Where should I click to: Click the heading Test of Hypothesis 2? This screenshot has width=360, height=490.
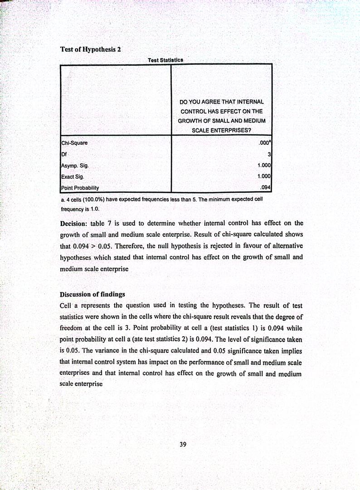pyautogui.click(x=90, y=49)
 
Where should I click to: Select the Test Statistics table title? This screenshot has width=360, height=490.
pyautogui.click(x=165, y=60)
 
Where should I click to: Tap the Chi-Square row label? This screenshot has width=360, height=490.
pyautogui.click(x=74, y=143)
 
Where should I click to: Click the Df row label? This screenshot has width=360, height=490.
pyautogui.click(x=64, y=154)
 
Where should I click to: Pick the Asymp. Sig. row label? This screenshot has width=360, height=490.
pyautogui.click(x=75, y=166)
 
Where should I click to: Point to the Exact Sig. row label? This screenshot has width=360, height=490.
pyautogui.click(x=72, y=177)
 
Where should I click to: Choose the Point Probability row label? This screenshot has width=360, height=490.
pyautogui.click(x=80, y=188)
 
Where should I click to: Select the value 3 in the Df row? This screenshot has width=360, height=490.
pyautogui.click(x=269, y=155)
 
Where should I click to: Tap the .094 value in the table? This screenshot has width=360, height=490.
pyautogui.click(x=265, y=188)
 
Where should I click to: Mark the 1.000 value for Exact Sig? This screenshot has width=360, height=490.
pyautogui.click(x=264, y=177)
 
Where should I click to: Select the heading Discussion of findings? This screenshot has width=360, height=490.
pyautogui.click(x=92, y=294)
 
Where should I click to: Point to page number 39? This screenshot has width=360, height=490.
pyautogui.click(x=183, y=445)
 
